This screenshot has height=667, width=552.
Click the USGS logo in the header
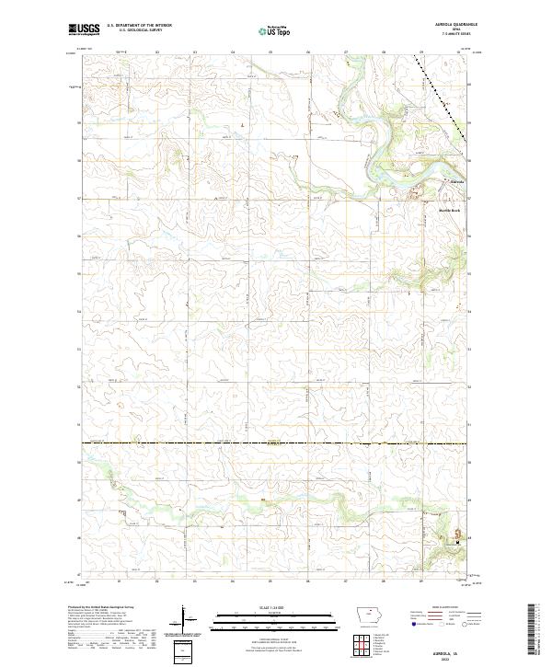[84, 30]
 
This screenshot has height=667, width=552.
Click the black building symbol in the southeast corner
[456, 541]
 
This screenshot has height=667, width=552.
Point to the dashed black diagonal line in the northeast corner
[440, 97]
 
